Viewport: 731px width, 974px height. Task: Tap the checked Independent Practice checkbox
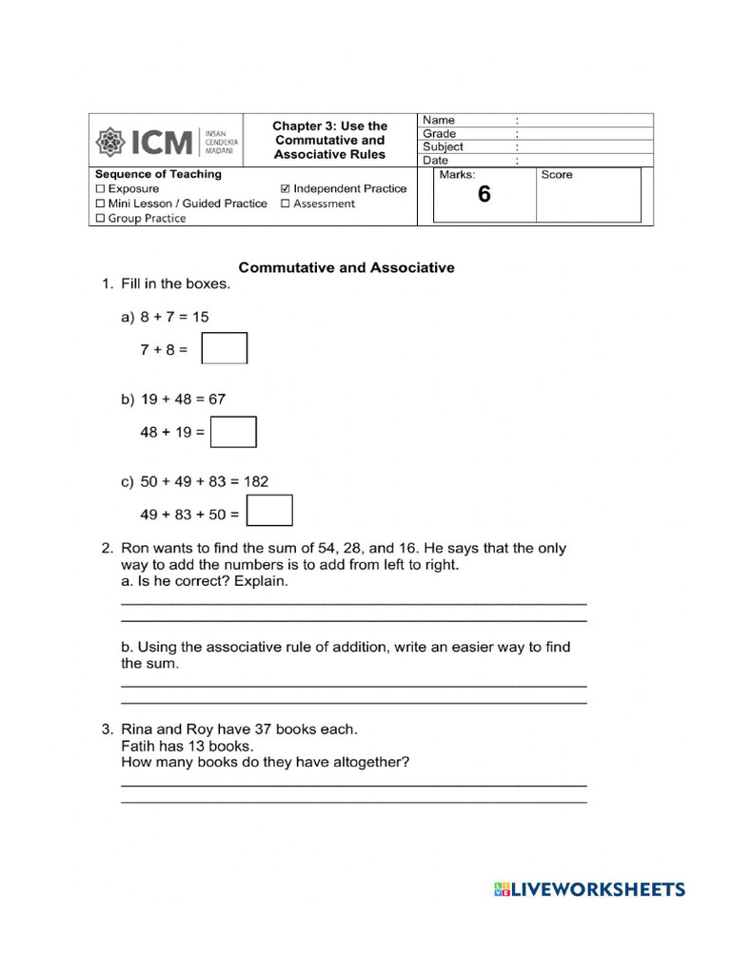pos(286,189)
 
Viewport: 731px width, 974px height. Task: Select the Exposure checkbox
pos(100,189)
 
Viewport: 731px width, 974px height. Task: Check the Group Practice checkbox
pos(100,219)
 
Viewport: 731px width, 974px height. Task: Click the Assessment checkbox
pos(286,204)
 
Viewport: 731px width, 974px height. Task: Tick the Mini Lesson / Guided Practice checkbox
pos(100,204)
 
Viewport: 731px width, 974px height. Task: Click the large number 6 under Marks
pos(484,195)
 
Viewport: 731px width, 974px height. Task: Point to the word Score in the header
pos(557,175)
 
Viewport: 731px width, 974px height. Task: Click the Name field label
pos(439,121)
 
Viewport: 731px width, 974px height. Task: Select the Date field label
pos(435,161)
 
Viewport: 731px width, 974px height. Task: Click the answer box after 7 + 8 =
pos(225,348)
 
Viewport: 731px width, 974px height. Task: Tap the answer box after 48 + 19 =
pos(233,432)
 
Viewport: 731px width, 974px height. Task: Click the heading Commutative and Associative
pos(346,268)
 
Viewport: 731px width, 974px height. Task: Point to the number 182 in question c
pos(256,482)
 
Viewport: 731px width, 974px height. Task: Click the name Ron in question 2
pos(137,549)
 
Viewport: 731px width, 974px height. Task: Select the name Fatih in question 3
pos(140,746)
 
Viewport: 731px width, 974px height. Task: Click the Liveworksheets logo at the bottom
pos(589,890)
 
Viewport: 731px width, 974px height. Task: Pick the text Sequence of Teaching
pos(158,175)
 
